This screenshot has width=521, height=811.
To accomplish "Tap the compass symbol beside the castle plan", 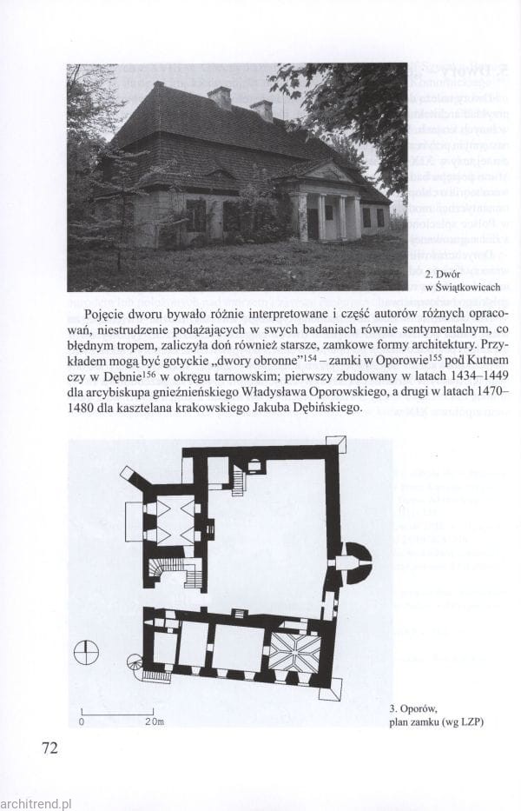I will pyautogui.click(x=86, y=653).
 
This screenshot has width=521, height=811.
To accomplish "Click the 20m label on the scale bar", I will pyautogui.click(x=155, y=721).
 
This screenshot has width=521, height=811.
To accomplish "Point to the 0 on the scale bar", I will pyautogui.click(x=82, y=721).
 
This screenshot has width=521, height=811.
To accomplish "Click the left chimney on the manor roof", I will pyautogui.click(x=220, y=96).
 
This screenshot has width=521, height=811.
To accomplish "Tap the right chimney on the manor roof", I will pyautogui.click(x=261, y=110).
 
